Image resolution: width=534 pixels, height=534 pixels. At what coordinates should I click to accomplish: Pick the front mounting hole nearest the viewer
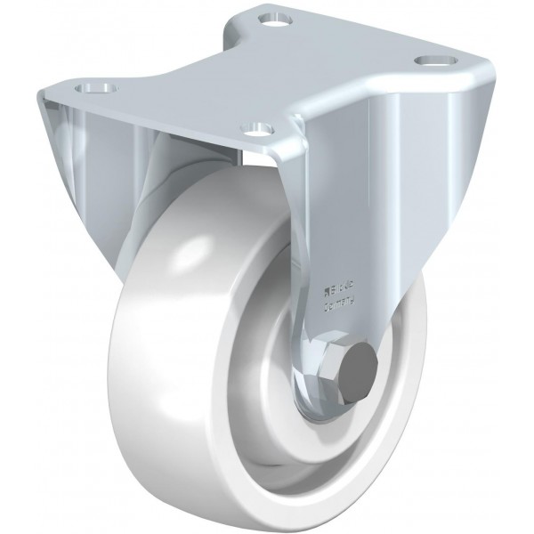pos(255,129)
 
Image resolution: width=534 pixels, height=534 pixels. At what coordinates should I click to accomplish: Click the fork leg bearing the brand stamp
pos(347,222)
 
